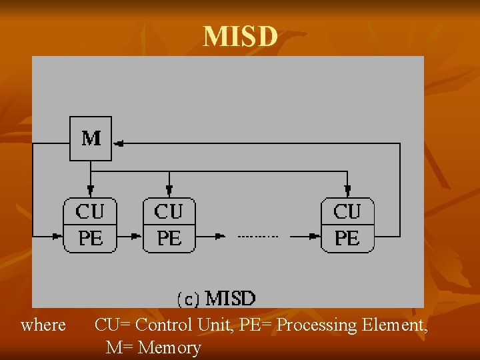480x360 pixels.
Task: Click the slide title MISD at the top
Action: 240,37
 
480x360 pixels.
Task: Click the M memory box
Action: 91,138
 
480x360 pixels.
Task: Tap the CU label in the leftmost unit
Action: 90,212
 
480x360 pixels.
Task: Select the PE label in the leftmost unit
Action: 91,237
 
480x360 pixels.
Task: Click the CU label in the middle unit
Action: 169,212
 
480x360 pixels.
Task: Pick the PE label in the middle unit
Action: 169,237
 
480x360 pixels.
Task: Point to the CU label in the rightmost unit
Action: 347,212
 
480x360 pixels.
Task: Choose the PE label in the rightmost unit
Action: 347,237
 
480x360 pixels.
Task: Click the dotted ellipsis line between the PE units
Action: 258,236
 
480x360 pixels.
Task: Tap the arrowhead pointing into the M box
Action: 118,143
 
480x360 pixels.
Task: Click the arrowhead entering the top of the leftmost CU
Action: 91,192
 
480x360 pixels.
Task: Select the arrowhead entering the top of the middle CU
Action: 169,192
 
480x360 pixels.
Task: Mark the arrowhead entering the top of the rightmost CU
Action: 347,192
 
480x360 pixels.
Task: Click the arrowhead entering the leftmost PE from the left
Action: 58,235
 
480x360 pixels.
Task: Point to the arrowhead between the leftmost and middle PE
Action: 137,235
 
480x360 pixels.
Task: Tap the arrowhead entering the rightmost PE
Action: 315,235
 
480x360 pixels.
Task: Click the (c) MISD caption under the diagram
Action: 215,298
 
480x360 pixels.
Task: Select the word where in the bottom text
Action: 43,325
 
